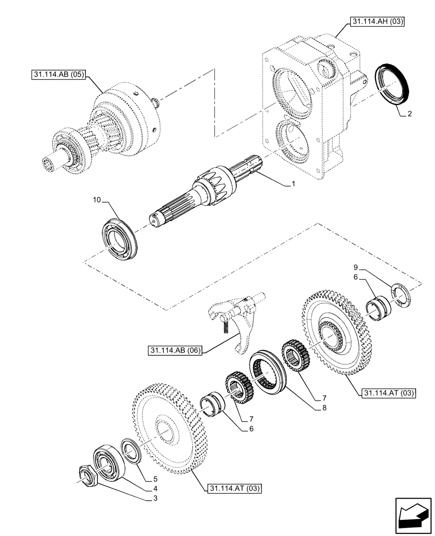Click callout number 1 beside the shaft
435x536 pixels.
(294, 184)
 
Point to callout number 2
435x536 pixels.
(409, 114)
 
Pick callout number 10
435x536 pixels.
(96, 200)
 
